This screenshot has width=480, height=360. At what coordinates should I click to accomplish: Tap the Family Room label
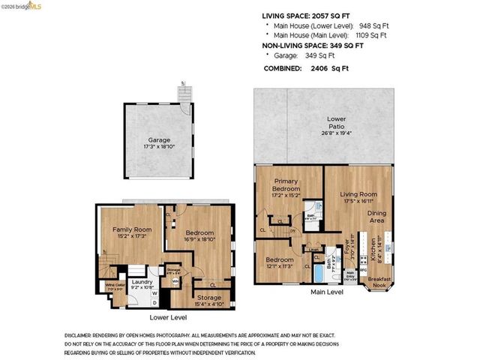pos(132,229)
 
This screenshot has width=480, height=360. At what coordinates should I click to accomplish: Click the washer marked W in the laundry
pos(155,293)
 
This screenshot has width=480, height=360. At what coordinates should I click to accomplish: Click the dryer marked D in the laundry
pos(155,303)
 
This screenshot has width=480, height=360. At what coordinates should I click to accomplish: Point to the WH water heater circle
pos(175,281)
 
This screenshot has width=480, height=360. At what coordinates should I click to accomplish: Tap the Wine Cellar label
pos(114,286)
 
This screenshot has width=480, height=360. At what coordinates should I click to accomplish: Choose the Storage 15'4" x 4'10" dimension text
pos(208,304)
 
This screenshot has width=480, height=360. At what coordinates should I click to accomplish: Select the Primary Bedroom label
pos(286,185)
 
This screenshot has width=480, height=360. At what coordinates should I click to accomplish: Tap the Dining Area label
pos(377,217)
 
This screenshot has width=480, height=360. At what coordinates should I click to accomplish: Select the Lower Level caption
pos(168,317)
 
